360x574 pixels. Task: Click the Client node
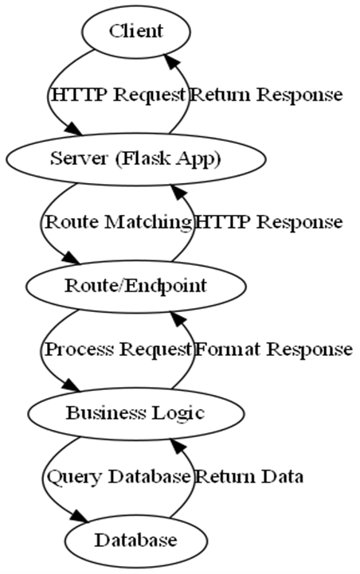pyautogui.click(x=136, y=32)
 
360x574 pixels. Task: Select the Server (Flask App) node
pyautogui.click(x=135, y=159)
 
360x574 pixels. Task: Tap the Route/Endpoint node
pyautogui.click(x=135, y=287)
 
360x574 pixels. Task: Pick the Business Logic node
pyautogui.click(x=135, y=414)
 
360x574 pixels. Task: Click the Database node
pyautogui.click(x=136, y=541)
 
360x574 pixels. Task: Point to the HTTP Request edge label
pyautogui.click(x=119, y=96)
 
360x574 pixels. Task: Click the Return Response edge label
pyautogui.click(x=267, y=96)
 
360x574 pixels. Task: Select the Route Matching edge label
pyautogui.click(x=119, y=223)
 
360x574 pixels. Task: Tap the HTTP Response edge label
pyautogui.click(x=269, y=223)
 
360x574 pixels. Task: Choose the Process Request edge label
pyautogui.click(x=118, y=349)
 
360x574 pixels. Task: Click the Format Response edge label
pyautogui.click(x=273, y=349)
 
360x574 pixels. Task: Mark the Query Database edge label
pyautogui.click(x=119, y=477)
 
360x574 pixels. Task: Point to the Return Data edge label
pyautogui.click(x=249, y=477)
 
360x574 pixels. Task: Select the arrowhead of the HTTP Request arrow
pyautogui.click(x=74, y=131)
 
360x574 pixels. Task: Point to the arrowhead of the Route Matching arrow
pyautogui.click(x=70, y=258)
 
